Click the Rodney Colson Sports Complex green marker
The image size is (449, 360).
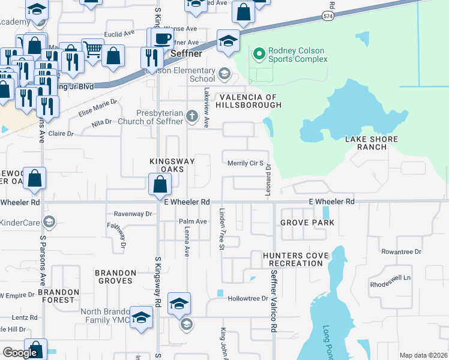(x=259, y=55)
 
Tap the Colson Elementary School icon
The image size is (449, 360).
(x=224, y=74)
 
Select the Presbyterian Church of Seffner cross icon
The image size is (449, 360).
(x=192, y=116)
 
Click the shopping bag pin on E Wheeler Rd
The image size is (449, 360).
(x=160, y=184)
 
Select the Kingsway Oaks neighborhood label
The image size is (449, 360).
(x=172, y=165)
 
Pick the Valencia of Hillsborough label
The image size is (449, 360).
(x=250, y=101)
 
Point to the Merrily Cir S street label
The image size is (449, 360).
(x=246, y=163)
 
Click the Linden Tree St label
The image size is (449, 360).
(x=221, y=229)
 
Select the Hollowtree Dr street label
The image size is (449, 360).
(x=247, y=298)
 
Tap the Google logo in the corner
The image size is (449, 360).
(x=20, y=353)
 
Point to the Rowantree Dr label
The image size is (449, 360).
(x=402, y=252)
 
